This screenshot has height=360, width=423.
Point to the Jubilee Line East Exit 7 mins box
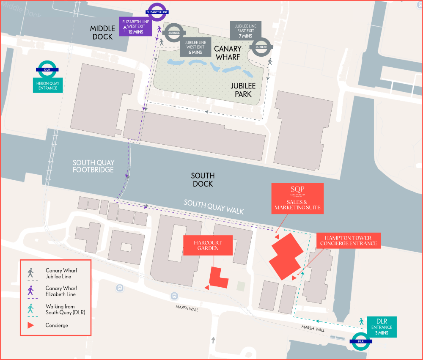[x=245, y=30]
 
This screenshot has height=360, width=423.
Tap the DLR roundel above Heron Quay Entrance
[x=47, y=69]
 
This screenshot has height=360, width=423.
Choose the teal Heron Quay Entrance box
[x=47, y=86]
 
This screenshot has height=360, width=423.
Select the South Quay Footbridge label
[x=93, y=166]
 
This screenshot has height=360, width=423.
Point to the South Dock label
[x=203, y=180]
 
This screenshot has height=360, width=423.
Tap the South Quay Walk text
[x=214, y=206]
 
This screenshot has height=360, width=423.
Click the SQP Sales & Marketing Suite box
[x=297, y=198]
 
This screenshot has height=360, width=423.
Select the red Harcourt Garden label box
[x=208, y=245]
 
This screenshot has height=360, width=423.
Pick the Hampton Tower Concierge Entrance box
[x=349, y=240]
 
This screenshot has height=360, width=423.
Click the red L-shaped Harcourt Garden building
[x=218, y=279]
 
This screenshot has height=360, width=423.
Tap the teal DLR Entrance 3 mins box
[x=382, y=327]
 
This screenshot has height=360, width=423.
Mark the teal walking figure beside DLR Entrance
[x=361, y=322]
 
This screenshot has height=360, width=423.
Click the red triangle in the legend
[x=31, y=325]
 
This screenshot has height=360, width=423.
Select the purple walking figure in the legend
[x=30, y=291]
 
